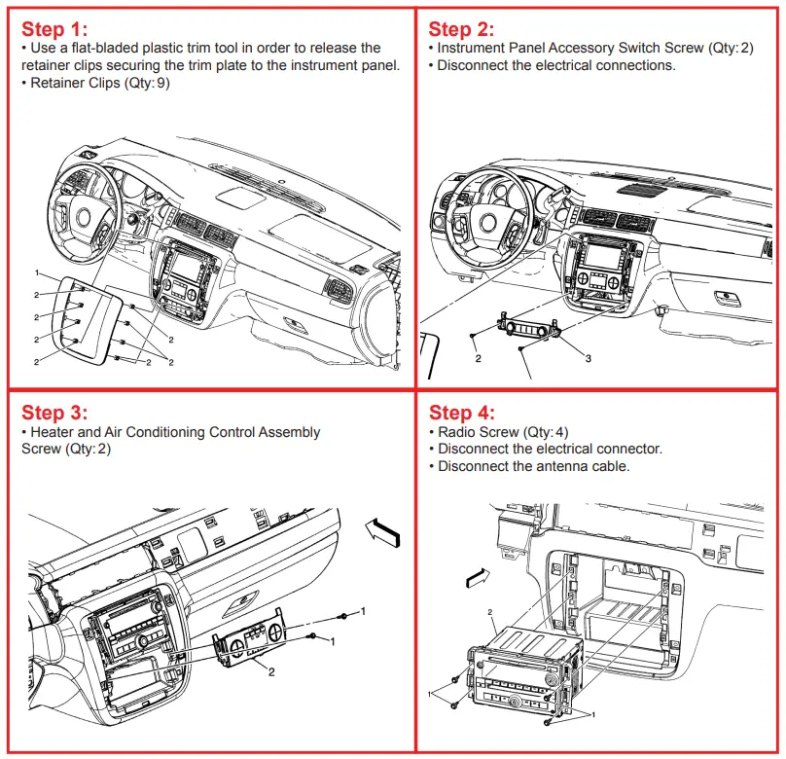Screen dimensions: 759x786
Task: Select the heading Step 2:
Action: tap(461, 29)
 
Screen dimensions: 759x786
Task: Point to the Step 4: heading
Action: tap(462, 413)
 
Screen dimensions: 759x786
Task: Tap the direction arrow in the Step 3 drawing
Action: tap(380, 530)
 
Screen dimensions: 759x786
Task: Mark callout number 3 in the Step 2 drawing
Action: tap(588, 358)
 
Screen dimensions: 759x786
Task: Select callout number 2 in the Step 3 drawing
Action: tap(271, 671)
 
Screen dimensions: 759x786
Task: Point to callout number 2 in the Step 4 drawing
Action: tap(490, 614)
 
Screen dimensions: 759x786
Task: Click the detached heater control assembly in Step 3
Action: tap(250, 639)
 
